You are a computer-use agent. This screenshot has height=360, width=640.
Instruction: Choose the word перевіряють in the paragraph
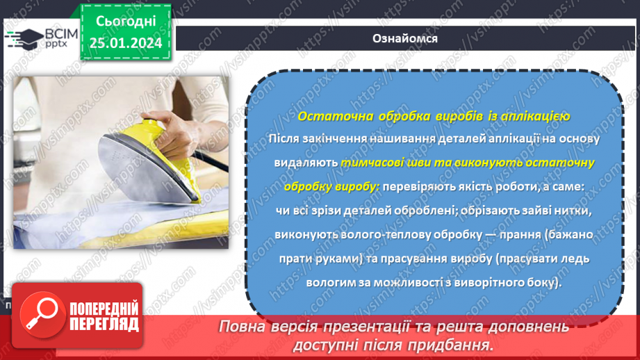point(418,187)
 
